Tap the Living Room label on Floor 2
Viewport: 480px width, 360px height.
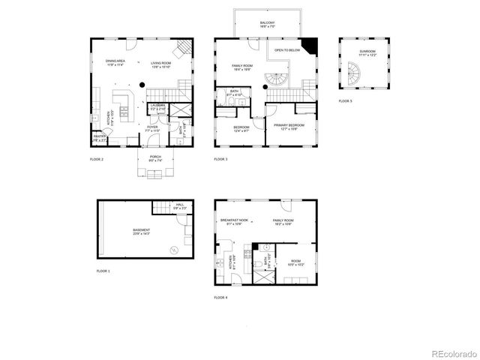[160, 63]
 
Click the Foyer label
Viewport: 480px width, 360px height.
[152, 129]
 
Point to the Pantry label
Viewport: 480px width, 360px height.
[99, 138]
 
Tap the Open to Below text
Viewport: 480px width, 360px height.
[287, 50]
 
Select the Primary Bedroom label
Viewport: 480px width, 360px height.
[288, 127]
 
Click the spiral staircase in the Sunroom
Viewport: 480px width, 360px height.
[352, 73]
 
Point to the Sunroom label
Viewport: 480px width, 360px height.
[367, 53]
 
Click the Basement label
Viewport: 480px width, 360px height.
[141, 231]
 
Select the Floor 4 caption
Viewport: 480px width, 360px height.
[221, 298]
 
